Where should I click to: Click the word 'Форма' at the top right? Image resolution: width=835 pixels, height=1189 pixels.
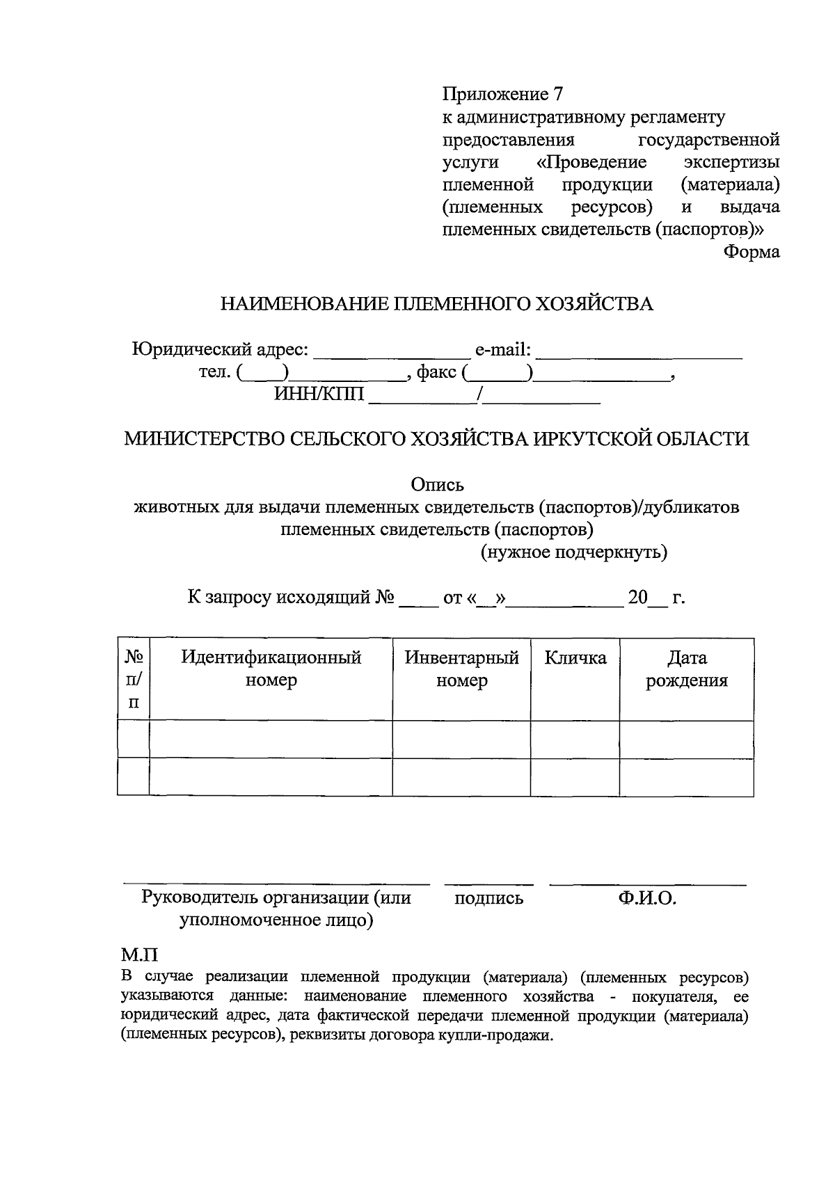click(751, 252)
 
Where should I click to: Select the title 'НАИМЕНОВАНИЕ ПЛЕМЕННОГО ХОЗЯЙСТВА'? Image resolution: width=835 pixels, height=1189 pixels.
click(437, 304)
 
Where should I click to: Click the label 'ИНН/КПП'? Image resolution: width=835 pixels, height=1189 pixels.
click(319, 395)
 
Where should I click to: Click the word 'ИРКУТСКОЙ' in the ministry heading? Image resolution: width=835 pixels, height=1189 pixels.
click(591, 439)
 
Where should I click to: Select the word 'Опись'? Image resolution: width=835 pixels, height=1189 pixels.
click(437, 484)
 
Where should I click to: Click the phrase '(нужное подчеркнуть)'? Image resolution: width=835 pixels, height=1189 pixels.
click(574, 552)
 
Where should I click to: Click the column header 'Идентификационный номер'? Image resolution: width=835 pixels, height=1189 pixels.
click(271, 669)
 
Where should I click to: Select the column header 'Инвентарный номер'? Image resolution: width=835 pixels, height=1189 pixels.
click(461, 669)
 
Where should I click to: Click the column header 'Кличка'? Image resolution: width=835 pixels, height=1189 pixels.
click(575, 658)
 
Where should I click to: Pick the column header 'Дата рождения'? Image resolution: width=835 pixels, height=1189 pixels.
click(686, 669)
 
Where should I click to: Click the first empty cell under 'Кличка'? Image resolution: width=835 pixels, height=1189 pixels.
click(575, 739)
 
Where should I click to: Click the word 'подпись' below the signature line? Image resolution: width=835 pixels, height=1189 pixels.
click(488, 898)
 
